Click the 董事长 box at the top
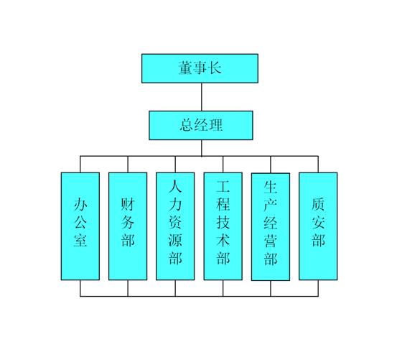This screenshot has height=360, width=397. click(200, 68)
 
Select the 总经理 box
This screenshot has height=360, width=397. click(201, 126)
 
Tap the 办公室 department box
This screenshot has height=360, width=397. click(80, 226)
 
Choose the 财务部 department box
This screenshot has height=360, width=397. click(128, 226)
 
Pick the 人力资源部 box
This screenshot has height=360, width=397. click(175, 226)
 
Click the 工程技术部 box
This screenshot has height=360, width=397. click(223, 226)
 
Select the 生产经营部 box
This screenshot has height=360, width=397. click(271, 227)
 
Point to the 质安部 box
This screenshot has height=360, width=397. click(318, 226)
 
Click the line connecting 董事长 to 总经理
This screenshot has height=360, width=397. click(202, 97)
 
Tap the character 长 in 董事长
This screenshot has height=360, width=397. click(214, 68)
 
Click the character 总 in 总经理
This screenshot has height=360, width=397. click(187, 125)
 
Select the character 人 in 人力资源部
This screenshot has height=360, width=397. click(175, 186)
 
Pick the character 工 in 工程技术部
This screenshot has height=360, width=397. click(223, 186)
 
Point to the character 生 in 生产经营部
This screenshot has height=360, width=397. click(271, 187)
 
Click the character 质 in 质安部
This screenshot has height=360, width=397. click(318, 204)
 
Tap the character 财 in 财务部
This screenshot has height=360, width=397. click(128, 204)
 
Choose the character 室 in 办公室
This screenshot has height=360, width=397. click(80, 240)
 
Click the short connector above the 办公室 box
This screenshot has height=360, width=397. click(80, 165)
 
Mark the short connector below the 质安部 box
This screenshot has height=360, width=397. click(318, 288)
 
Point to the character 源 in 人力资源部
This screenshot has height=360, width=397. click(175, 240)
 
